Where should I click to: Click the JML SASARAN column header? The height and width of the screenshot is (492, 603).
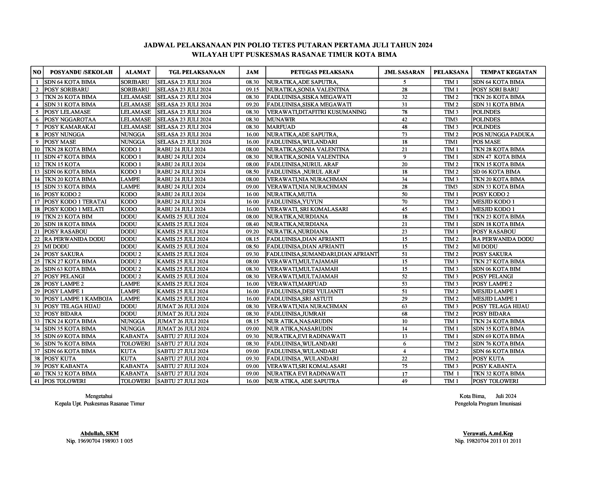point(404,72)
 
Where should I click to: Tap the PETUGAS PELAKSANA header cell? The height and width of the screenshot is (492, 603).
point(322,72)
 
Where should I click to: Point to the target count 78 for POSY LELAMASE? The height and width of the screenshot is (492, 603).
point(404,112)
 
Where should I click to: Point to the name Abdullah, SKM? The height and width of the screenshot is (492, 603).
point(99,433)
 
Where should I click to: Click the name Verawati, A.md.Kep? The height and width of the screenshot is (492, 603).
point(488,433)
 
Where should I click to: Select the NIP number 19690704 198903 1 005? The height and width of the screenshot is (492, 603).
point(99,441)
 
